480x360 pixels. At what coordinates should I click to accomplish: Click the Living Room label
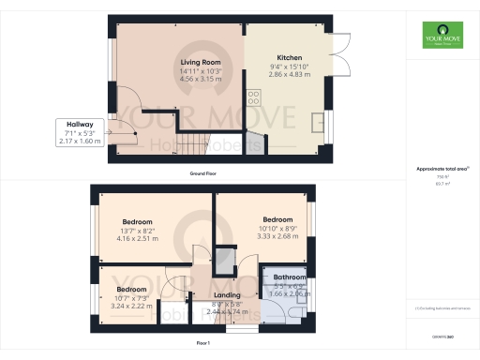coord(201,63)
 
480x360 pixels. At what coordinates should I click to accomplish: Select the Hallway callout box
coord(78,132)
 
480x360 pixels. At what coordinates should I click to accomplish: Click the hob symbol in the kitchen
coord(252,96)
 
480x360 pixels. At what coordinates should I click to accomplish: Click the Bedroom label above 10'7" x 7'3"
coord(136,290)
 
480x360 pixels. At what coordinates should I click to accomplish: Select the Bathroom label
coord(290,277)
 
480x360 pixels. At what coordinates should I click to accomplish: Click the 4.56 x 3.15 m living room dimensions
coord(201,80)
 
